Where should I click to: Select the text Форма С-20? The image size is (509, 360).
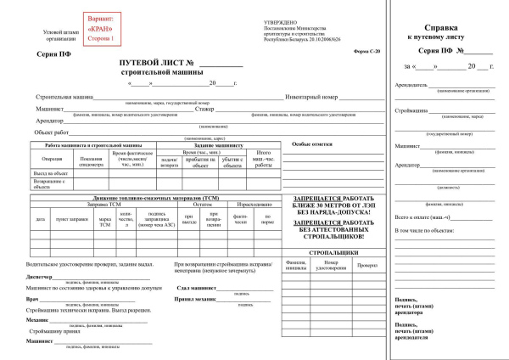tap(366, 53)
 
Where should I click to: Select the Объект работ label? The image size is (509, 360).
tap(50, 132)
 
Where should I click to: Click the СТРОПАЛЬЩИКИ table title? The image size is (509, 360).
tap(333, 252)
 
